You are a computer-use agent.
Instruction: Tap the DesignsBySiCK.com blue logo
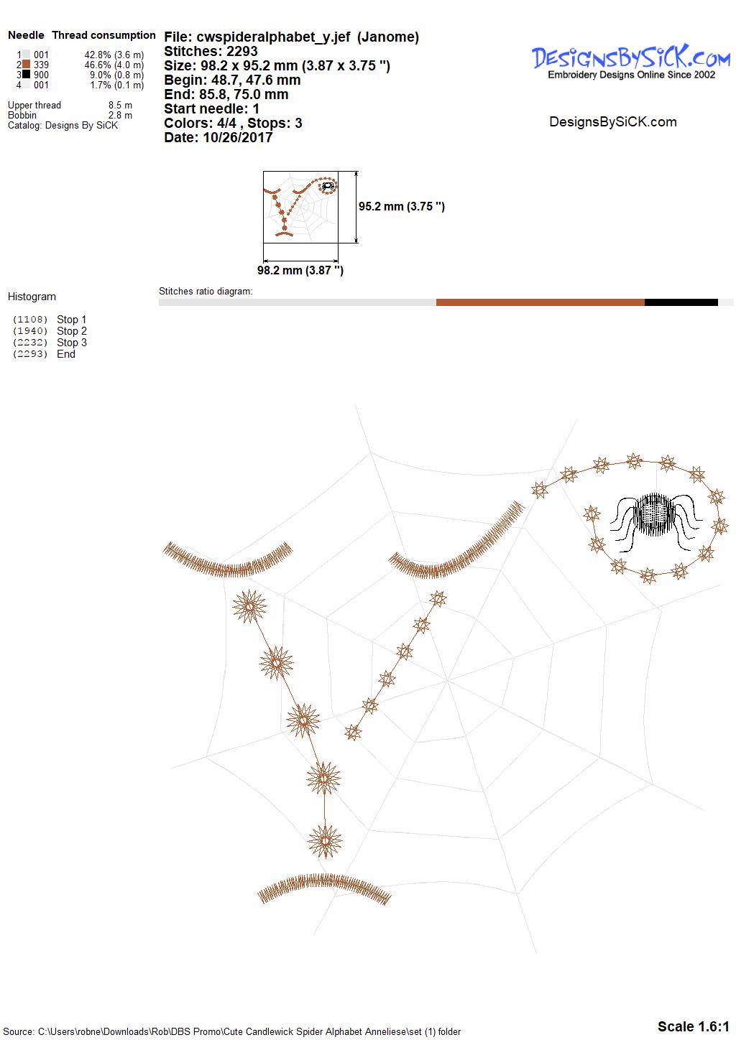click(x=631, y=62)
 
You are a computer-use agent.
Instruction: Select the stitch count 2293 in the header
click(x=242, y=51)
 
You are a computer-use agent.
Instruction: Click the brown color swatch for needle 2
click(x=27, y=65)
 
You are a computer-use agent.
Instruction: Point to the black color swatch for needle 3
click(x=27, y=74)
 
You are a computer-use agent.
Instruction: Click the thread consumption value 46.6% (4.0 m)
click(x=114, y=65)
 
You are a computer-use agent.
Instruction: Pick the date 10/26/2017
click(x=237, y=137)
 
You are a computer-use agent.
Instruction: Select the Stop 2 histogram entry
click(x=72, y=331)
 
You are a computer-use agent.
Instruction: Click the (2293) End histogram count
click(x=30, y=354)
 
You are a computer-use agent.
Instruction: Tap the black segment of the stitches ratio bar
click(x=681, y=302)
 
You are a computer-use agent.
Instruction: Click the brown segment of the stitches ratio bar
click(x=540, y=302)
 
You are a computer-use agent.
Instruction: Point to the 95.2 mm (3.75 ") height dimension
click(x=402, y=206)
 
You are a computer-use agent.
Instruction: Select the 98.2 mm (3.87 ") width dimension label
click(x=300, y=270)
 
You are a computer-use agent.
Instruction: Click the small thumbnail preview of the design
click(x=300, y=207)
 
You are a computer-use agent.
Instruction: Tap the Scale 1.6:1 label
click(x=694, y=1026)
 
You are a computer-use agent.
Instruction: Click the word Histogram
click(x=32, y=297)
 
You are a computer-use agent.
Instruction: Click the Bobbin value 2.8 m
click(x=120, y=115)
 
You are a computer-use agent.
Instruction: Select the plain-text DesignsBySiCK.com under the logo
click(x=613, y=122)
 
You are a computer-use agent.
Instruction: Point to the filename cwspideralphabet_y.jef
click(x=273, y=37)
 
